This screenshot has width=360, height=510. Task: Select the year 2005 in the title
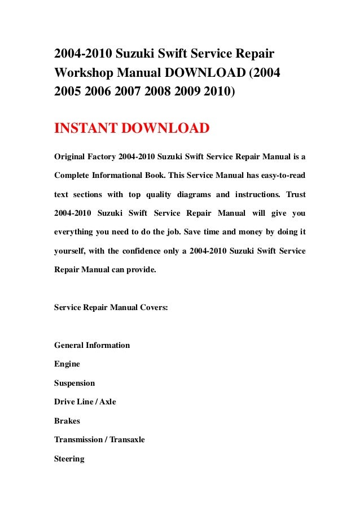pos(68,92)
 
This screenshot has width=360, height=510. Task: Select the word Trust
pos(296,194)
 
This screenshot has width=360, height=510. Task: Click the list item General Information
pos(92,345)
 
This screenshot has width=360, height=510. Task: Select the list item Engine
pos(67,364)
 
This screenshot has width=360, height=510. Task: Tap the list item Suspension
pos(74,383)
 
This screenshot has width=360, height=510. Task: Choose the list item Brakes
pos(67,421)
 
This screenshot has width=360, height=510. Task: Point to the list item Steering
pos(69,459)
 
